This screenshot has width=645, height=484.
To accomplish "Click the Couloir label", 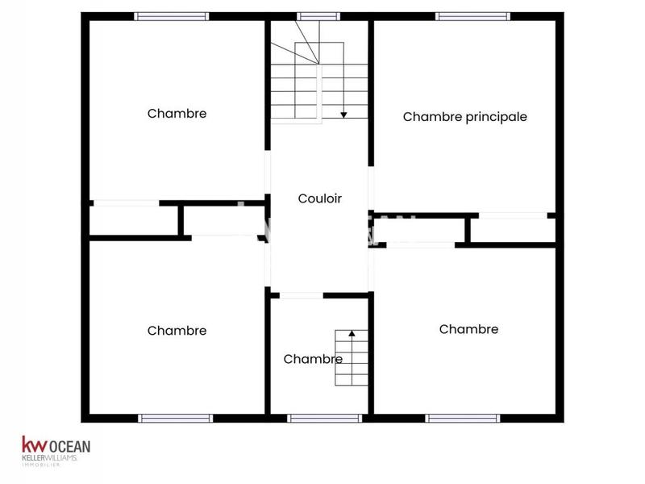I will pyautogui.click(x=320, y=198).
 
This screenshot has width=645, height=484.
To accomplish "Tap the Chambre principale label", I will pyautogui.click(x=464, y=117).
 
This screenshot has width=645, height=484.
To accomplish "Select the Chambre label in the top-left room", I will pyautogui.click(x=177, y=114).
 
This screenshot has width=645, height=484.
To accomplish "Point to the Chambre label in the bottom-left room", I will pyautogui.click(x=177, y=331).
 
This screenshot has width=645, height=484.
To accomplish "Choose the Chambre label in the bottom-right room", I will pyautogui.click(x=468, y=329).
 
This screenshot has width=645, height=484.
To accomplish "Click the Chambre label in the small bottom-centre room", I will pyautogui.click(x=313, y=360).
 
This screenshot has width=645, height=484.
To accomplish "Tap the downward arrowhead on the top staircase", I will pyautogui.click(x=343, y=115).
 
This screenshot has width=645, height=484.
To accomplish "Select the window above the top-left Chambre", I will pyautogui.click(x=171, y=16).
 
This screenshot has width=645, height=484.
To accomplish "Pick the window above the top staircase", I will pyautogui.click(x=318, y=16).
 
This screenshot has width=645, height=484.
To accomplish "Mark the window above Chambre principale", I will pyautogui.click(x=472, y=16).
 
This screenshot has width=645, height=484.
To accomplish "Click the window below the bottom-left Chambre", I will pyautogui.click(x=175, y=418).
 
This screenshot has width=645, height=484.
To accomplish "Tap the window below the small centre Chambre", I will pyautogui.click(x=324, y=418).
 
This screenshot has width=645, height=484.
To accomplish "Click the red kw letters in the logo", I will pyautogui.click(x=35, y=444).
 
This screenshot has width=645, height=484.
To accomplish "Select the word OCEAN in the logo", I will pyautogui.click(x=71, y=444).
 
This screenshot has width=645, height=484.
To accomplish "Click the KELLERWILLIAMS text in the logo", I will pyautogui.click(x=49, y=458).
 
